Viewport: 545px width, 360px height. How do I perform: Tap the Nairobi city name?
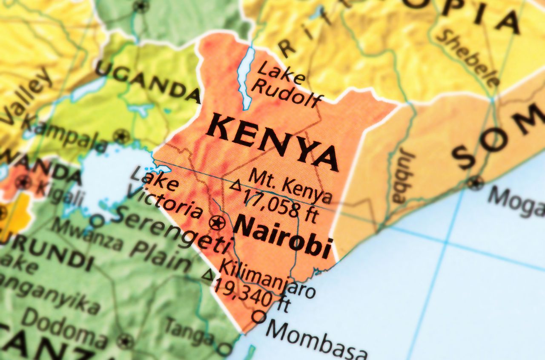point(282,237)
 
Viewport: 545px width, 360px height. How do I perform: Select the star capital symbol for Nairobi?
point(217,222)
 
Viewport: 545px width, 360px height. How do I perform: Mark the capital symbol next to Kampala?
point(121,137)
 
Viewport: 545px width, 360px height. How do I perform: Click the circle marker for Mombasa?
point(258,316)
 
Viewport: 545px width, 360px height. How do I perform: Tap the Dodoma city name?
point(64,328)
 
